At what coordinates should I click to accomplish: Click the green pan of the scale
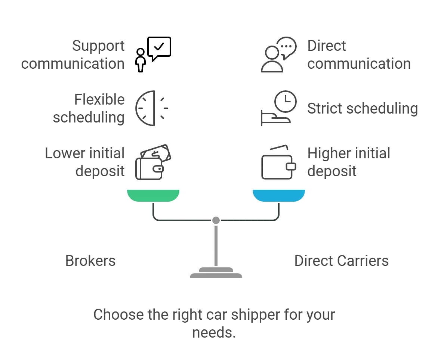(x=153, y=195)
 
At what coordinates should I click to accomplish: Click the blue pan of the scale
(x=279, y=195)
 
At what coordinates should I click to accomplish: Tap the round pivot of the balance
(x=216, y=220)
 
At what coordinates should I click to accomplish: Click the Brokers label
(x=91, y=260)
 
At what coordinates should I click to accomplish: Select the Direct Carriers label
(x=340, y=260)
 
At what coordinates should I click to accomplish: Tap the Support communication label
(x=73, y=55)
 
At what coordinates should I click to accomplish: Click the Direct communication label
(x=359, y=55)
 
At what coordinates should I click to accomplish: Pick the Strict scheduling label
(x=361, y=109)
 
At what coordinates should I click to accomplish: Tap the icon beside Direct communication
(x=280, y=55)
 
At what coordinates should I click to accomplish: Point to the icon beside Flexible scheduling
(x=151, y=109)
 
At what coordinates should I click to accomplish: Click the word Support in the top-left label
(x=99, y=46)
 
